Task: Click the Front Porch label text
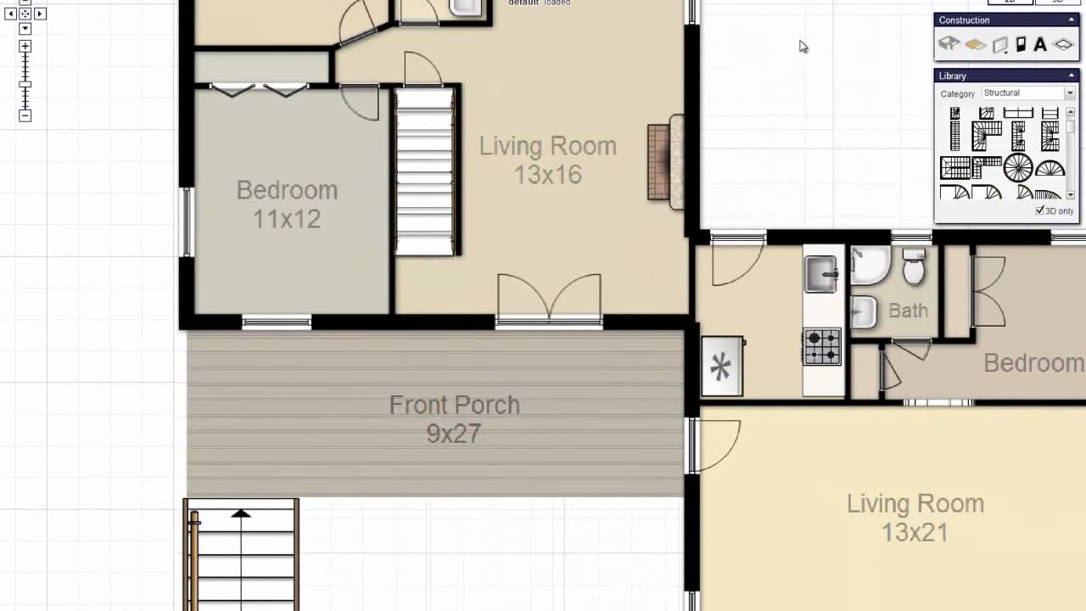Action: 454,406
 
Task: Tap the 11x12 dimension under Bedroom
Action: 287,219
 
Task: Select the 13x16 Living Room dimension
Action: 547,176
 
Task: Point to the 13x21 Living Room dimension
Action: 915,533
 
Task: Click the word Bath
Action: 908,311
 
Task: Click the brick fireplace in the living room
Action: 659,162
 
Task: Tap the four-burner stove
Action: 821,346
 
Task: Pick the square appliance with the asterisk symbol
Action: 721,367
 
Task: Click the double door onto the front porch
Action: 549,300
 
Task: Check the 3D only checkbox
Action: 1040,210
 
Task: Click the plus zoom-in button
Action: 25,47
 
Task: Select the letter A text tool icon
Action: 1039,45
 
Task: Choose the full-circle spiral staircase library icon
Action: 1018,167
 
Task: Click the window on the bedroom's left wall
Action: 187,221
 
